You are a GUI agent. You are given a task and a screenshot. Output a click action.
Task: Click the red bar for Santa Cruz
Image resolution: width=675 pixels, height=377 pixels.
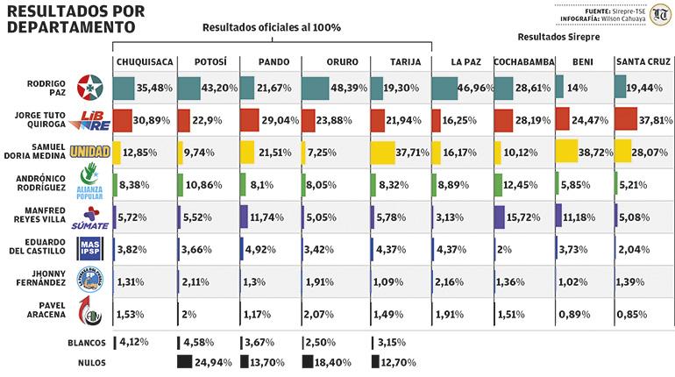[626, 119]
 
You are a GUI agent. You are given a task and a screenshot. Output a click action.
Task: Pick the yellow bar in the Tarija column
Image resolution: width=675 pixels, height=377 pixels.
[383, 152]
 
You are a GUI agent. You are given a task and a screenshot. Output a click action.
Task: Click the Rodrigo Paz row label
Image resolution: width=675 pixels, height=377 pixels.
[40, 89]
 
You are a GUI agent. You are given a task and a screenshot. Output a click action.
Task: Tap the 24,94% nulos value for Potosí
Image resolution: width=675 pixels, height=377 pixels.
[214, 361]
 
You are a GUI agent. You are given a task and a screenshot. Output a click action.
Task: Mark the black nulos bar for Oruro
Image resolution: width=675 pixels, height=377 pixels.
[309, 361]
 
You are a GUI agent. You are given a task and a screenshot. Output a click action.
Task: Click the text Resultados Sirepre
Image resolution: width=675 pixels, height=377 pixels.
[553, 39]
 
